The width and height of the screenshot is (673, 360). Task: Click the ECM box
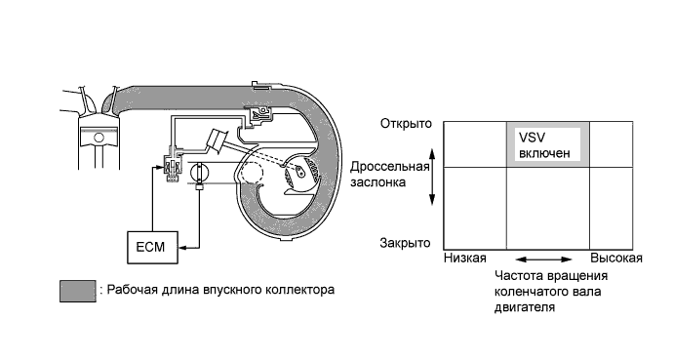(x=152, y=248)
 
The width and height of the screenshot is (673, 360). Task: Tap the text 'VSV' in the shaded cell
(x=531, y=138)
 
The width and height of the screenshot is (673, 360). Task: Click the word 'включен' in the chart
(x=543, y=153)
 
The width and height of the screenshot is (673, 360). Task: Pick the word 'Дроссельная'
(x=390, y=167)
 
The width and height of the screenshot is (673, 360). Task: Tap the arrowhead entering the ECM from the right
(x=181, y=248)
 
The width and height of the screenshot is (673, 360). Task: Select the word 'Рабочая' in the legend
(x=129, y=290)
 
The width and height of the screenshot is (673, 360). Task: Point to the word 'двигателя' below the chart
(x=527, y=306)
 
